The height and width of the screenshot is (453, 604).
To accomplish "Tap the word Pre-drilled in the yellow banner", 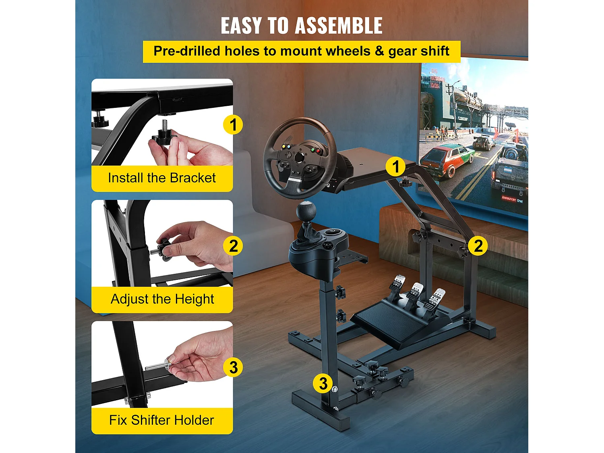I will [x=187, y=51].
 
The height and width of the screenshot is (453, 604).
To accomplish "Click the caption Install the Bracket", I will [x=162, y=178].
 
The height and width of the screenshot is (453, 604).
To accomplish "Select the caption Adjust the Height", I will [x=162, y=299].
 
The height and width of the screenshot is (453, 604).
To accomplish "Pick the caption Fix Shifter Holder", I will [x=161, y=420].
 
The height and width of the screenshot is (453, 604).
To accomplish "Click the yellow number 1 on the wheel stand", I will [x=395, y=167].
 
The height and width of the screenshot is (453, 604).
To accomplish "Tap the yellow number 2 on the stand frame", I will [x=478, y=246].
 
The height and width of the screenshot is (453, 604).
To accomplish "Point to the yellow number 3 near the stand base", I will [x=323, y=383].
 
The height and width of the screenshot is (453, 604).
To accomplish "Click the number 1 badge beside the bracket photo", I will [x=233, y=125].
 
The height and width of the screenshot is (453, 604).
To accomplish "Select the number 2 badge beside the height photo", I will [x=233, y=246].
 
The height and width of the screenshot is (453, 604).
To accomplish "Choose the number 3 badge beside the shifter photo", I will [x=233, y=367].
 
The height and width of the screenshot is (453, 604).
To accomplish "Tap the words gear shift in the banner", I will [x=419, y=51].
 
